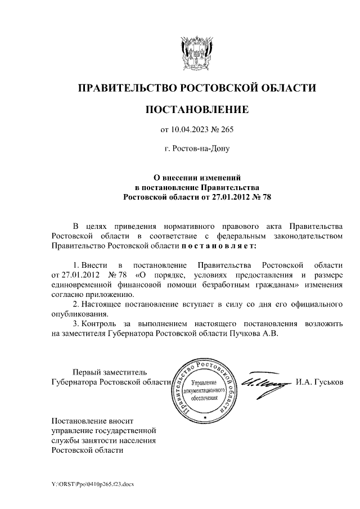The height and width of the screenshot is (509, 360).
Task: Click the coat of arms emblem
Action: pos(197,52)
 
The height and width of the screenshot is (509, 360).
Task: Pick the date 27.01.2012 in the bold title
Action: pos(232,197)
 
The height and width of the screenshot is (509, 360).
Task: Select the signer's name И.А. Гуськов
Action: pos(318,382)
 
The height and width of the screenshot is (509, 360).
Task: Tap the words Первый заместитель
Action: pos(110,372)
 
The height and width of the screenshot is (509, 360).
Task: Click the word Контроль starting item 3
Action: pos(105,323)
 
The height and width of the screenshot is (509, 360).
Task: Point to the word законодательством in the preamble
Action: pos(307,236)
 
